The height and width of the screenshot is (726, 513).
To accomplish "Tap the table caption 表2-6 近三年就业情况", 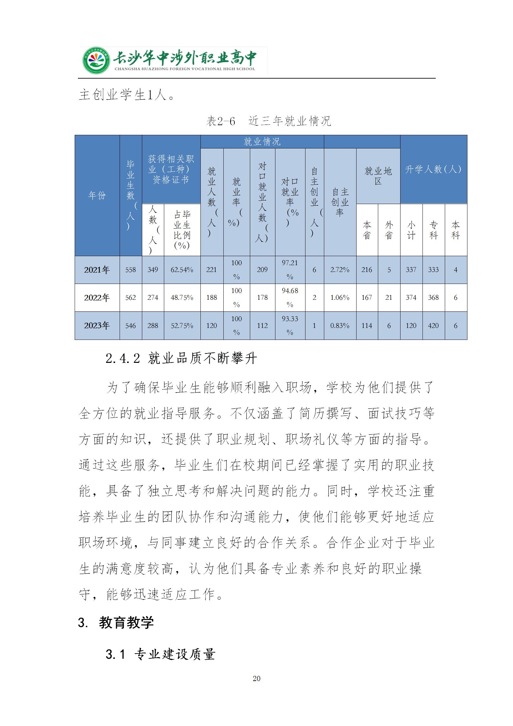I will (x=269, y=121).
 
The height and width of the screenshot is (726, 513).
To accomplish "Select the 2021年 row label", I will (x=97, y=270).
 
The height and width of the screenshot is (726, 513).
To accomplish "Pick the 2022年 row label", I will (x=97, y=298).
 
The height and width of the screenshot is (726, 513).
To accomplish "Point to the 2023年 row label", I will (x=97, y=326).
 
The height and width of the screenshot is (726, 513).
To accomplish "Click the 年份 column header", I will (x=97, y=195).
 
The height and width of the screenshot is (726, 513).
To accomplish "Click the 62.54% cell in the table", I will (x=182, y=270).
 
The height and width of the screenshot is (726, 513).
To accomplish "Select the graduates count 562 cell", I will (x=131, y=298).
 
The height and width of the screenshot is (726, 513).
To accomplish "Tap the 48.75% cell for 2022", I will (x=182, y=298).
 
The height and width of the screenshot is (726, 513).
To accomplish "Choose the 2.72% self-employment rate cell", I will (x=340, y=270).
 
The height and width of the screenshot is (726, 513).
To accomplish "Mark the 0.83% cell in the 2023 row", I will (x=340, y=326).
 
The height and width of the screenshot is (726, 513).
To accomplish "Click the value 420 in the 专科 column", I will (x=433, y=326).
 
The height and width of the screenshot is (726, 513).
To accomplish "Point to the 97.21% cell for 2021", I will (x=290, y=270).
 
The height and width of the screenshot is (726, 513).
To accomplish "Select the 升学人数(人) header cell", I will (x=433, y=169).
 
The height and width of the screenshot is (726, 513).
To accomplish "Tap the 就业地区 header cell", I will (x=378, y=176).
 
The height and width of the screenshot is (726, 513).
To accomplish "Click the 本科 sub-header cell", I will (x=455, y=230).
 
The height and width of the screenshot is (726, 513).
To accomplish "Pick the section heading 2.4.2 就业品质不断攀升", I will (x=181, y=358).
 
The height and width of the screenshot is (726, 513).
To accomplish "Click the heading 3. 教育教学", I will (x=116, y=623).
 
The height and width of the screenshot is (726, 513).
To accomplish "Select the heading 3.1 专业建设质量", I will (x=160, y=655).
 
